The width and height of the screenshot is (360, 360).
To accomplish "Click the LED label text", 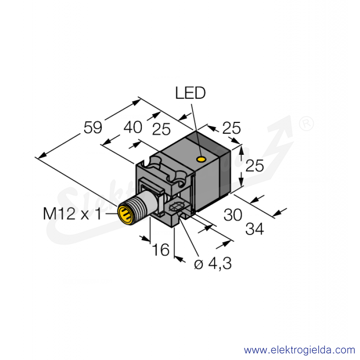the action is (x=190, y=93).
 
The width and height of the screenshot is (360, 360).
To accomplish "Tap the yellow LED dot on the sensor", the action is (x=201, y=159).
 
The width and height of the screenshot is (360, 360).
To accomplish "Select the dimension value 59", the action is (x=93, y=128).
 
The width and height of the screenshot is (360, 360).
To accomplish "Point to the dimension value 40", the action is (x=133, y=127).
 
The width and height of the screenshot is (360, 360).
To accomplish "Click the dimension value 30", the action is (x=233, y=215).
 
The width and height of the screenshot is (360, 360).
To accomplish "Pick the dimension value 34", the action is (x=255, y=229).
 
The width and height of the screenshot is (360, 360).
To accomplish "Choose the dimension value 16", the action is (x=161, y=250).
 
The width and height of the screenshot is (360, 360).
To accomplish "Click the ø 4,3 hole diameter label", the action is (x=213, y=264).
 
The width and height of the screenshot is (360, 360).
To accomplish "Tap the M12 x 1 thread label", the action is (x=72, y=214).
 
